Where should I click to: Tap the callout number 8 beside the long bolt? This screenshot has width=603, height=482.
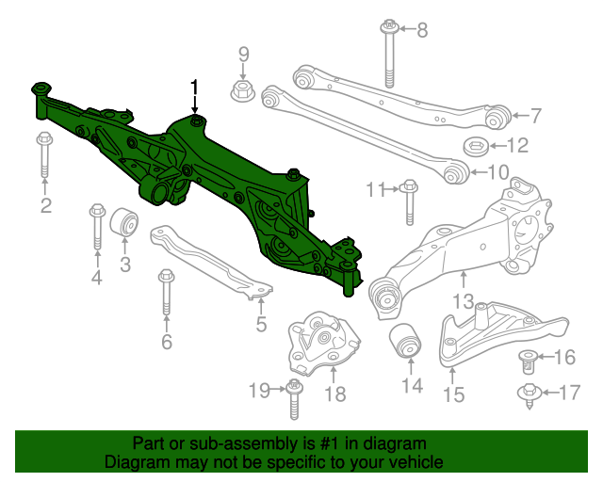tap(421, 30)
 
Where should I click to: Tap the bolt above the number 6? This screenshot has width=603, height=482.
tap(167, 292)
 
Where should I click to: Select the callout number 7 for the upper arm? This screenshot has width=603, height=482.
tap(536, 117)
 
